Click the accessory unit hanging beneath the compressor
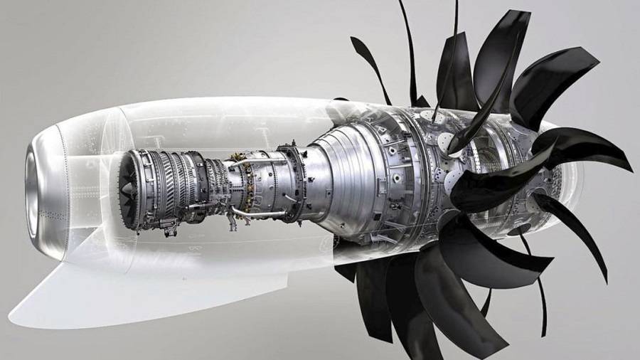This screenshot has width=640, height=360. click(x=169, y=226)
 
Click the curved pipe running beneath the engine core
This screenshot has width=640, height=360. click(x=260, y=213)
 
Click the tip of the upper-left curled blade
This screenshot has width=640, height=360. click(x=354, y=41)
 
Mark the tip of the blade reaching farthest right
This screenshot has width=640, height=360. click(x=629, y=168)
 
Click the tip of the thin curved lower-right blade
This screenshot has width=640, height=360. click(x=604, y=277)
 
